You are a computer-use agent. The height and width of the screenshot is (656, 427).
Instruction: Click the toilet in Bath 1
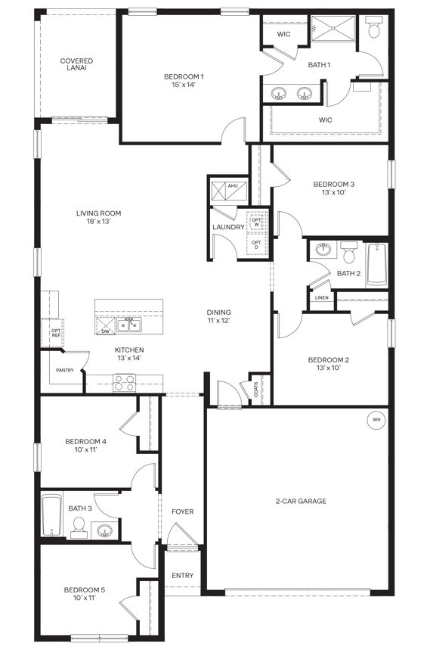(373, 30)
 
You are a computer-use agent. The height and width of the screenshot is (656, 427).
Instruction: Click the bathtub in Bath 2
(376, 264)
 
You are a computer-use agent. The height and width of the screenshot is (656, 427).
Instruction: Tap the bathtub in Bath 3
(51, 516)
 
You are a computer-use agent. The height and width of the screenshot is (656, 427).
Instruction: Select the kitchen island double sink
(133, 325)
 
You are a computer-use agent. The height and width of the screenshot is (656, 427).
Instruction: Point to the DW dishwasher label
(106, 331)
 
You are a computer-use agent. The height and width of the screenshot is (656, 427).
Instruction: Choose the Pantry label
(65, 370)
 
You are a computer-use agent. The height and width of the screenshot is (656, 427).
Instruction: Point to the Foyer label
(182, 512)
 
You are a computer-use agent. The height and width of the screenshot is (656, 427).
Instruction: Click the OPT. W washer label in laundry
(257, 221)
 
